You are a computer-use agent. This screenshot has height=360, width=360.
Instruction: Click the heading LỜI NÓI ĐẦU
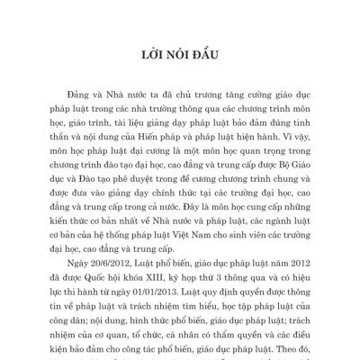180,53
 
